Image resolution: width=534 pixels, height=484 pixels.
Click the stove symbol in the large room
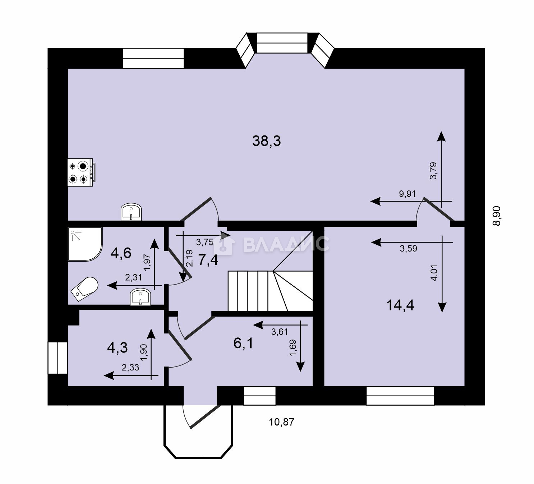(x=80, y=172)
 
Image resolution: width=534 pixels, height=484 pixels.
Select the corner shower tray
(x=85, y=244)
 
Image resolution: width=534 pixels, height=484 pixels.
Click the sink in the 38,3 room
(x=131, y=212)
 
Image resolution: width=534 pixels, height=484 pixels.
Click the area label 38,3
(x=267, y=140)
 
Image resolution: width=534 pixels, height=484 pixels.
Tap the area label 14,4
(x=400, y=305)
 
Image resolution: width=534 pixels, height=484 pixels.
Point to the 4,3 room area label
(x=118, y=348)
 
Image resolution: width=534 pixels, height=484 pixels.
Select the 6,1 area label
(x=243, y=343)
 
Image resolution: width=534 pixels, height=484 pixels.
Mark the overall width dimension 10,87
(x=282, y=422)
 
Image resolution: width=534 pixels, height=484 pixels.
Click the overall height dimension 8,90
(x=497, y=216)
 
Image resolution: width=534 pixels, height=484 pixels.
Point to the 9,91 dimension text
(x=407, y=194)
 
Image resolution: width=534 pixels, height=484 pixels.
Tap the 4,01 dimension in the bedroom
(x=434, y=273)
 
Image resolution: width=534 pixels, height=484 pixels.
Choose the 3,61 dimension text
(x=280, y=332)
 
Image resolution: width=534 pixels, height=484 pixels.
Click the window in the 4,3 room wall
(x=57, y=358)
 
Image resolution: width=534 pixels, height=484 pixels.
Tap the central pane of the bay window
(x=282, y=43)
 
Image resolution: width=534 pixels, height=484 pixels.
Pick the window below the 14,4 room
(x=400, y=396)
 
